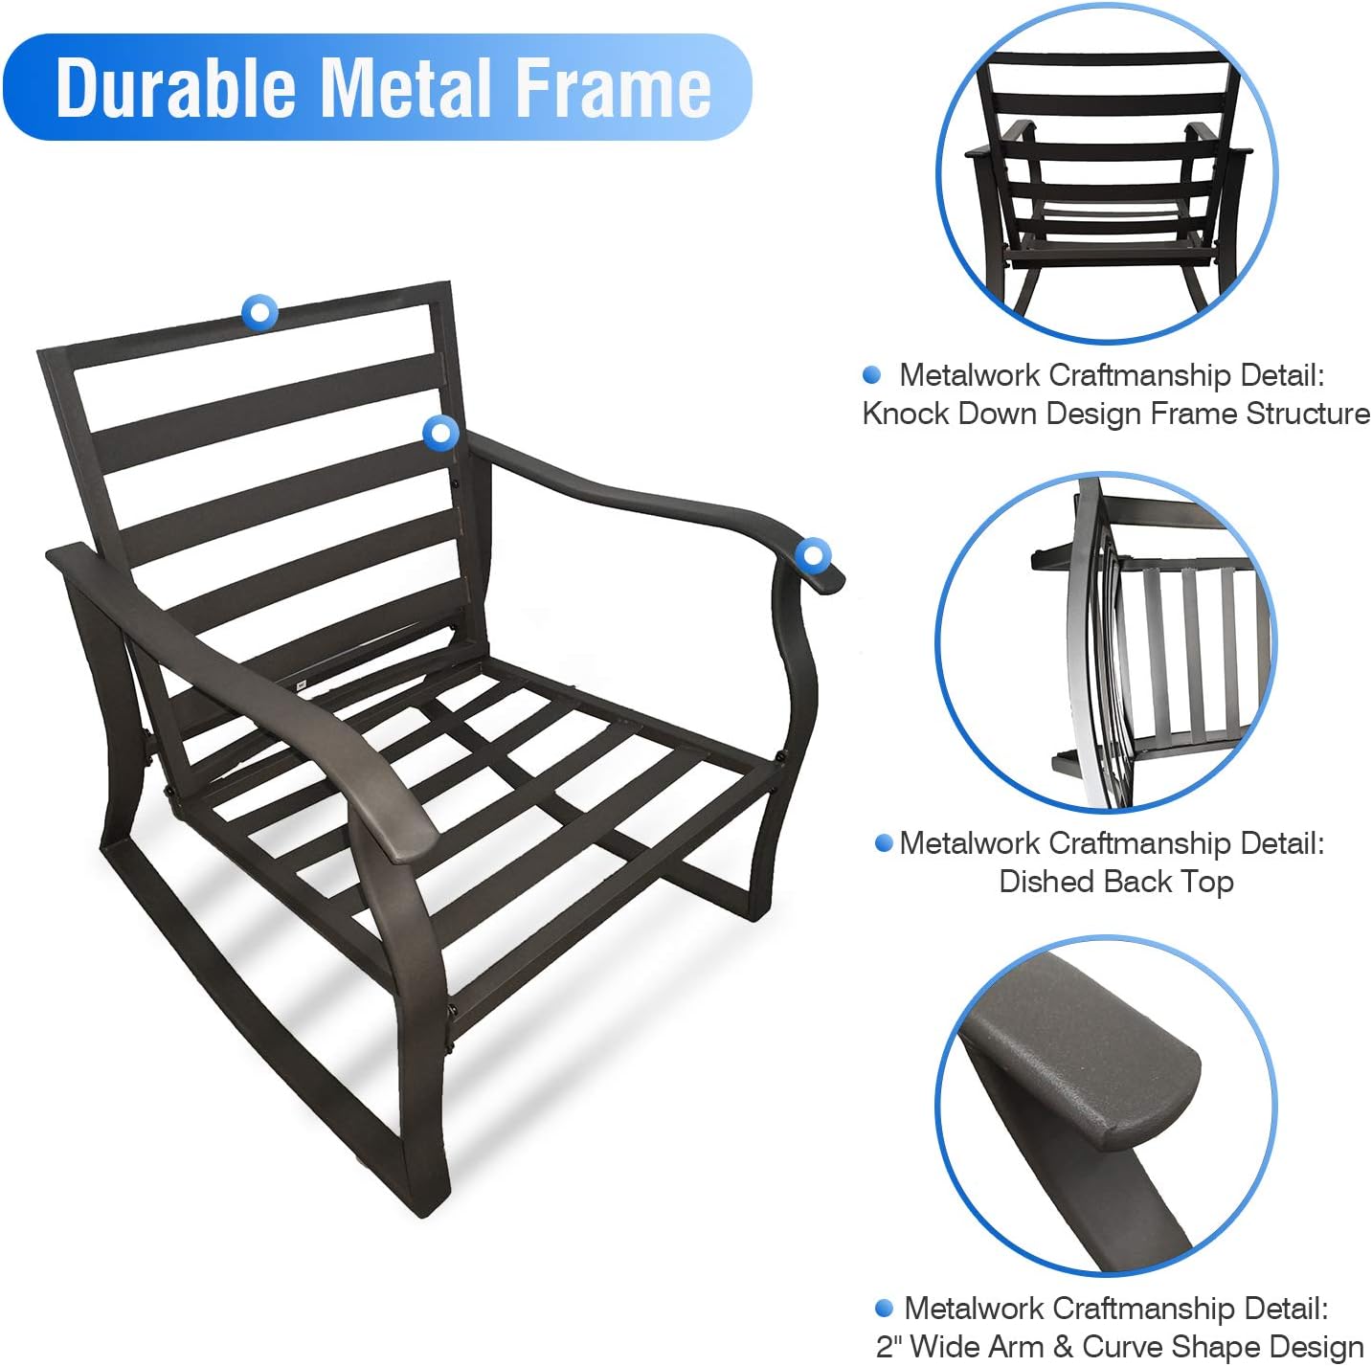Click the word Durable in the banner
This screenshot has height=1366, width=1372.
pos(176,87)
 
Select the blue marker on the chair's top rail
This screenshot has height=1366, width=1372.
pos(259,312)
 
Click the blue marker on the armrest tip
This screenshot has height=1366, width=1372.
pos(813,554)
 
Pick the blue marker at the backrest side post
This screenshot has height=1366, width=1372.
pos(440,434)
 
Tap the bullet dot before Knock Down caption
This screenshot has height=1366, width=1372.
pos(871,374)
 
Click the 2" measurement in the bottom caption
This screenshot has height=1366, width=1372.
pos(889,1346)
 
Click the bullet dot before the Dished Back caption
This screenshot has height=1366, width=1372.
pos(884,842)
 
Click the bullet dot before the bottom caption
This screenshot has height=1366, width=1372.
pos(884,1308)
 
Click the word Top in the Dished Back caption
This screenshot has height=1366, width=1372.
pos(1205,881)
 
